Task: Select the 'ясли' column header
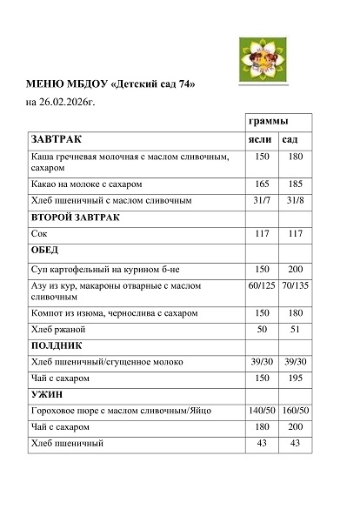pyautogui.click(x=262, y=139)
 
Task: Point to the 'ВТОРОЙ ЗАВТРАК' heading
pyautogui.click(x=74, y=217)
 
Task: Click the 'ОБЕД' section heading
pyautogui.click(x=44, y=250)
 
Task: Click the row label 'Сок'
pyautogui.click(x=37, y=234)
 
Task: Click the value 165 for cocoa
pyautogui.click(x=263, y=184)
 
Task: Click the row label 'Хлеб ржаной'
pyautogui.click(x=57, y=329)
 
